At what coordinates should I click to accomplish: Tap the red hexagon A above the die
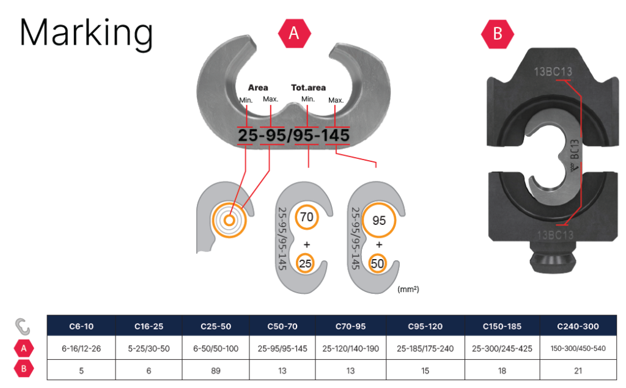click(x=294, y=34)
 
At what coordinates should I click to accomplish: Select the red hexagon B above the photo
click(x=498, y=34)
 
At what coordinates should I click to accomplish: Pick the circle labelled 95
click(x=379, y=221)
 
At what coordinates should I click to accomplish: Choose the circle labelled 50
click(x=378, y=264)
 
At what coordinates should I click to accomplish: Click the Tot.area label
click(x=317, y=87)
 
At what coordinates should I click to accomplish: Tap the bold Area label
click(x=258, y=87)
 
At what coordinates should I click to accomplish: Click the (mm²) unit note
click(x=408, y=288)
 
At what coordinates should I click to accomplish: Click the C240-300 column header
click(x=578, y=326)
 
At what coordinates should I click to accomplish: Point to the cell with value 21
click(x=578, y=370)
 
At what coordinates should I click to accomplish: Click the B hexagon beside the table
click(x=23, y=370)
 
